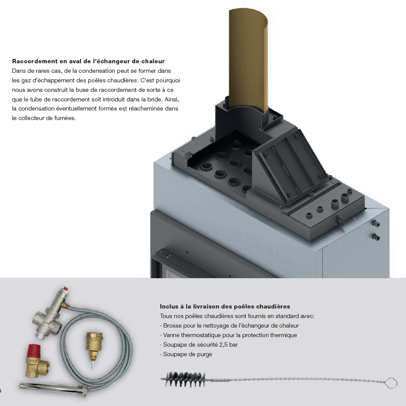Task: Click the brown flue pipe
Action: [248, 59]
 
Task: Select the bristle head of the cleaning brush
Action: [184, 380]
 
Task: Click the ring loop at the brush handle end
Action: [391, 383]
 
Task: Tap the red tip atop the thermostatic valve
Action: [66, 288]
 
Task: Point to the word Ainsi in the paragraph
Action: [172, 99]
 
